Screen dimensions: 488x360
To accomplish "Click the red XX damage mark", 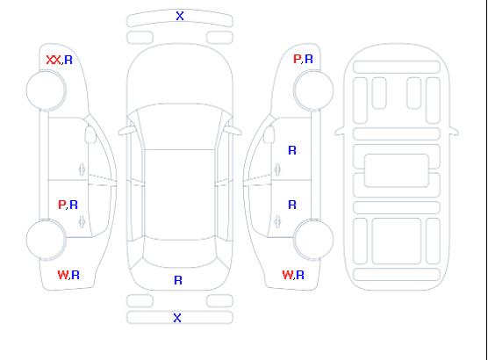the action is point(54,60).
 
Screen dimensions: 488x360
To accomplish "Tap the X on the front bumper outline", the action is point(180,16).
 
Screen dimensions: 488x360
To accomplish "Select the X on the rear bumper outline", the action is point(177,318).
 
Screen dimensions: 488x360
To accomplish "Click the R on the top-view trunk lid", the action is point(178,280).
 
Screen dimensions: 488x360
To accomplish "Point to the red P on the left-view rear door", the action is point(62,205).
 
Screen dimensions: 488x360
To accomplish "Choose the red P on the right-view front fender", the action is point(297,59).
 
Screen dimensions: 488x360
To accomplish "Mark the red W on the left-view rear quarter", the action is point(63,275).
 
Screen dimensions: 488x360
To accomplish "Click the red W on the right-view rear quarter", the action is point(288,275).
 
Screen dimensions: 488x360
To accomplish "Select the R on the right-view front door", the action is point(292,150).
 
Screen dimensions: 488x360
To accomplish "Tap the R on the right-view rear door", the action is point(292,205).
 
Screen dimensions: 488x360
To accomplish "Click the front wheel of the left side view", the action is point(46,90).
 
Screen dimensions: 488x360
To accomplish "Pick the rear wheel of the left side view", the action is point(46,240).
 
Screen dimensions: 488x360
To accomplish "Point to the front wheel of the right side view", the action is point(313,90).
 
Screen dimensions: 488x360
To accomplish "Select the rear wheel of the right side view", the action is point(313,240).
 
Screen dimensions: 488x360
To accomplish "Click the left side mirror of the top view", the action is point(126,131).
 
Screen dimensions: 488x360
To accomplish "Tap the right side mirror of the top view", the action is point(233,131).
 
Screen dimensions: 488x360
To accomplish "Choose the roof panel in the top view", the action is point(180,195).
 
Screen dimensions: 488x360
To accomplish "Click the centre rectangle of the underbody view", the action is point(396,170).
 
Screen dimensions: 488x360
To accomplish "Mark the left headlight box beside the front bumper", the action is point(140,38).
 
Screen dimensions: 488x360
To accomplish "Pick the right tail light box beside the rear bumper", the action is point(219,301).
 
